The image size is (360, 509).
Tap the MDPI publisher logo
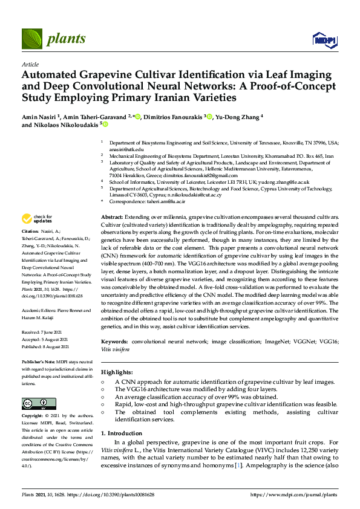324,40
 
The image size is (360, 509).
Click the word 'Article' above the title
30,63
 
